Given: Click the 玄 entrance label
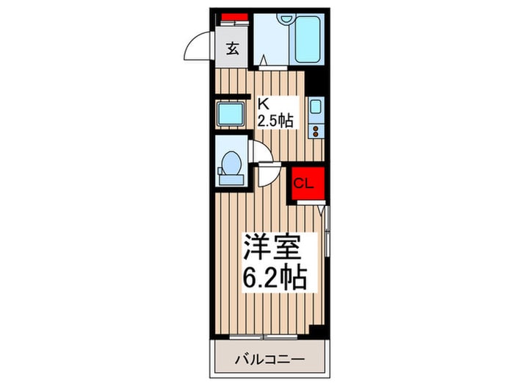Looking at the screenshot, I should [232, 49].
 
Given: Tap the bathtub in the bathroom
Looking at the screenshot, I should [305, 42].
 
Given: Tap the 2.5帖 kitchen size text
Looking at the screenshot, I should [275, 120].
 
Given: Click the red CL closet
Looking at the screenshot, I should [304, 184].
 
